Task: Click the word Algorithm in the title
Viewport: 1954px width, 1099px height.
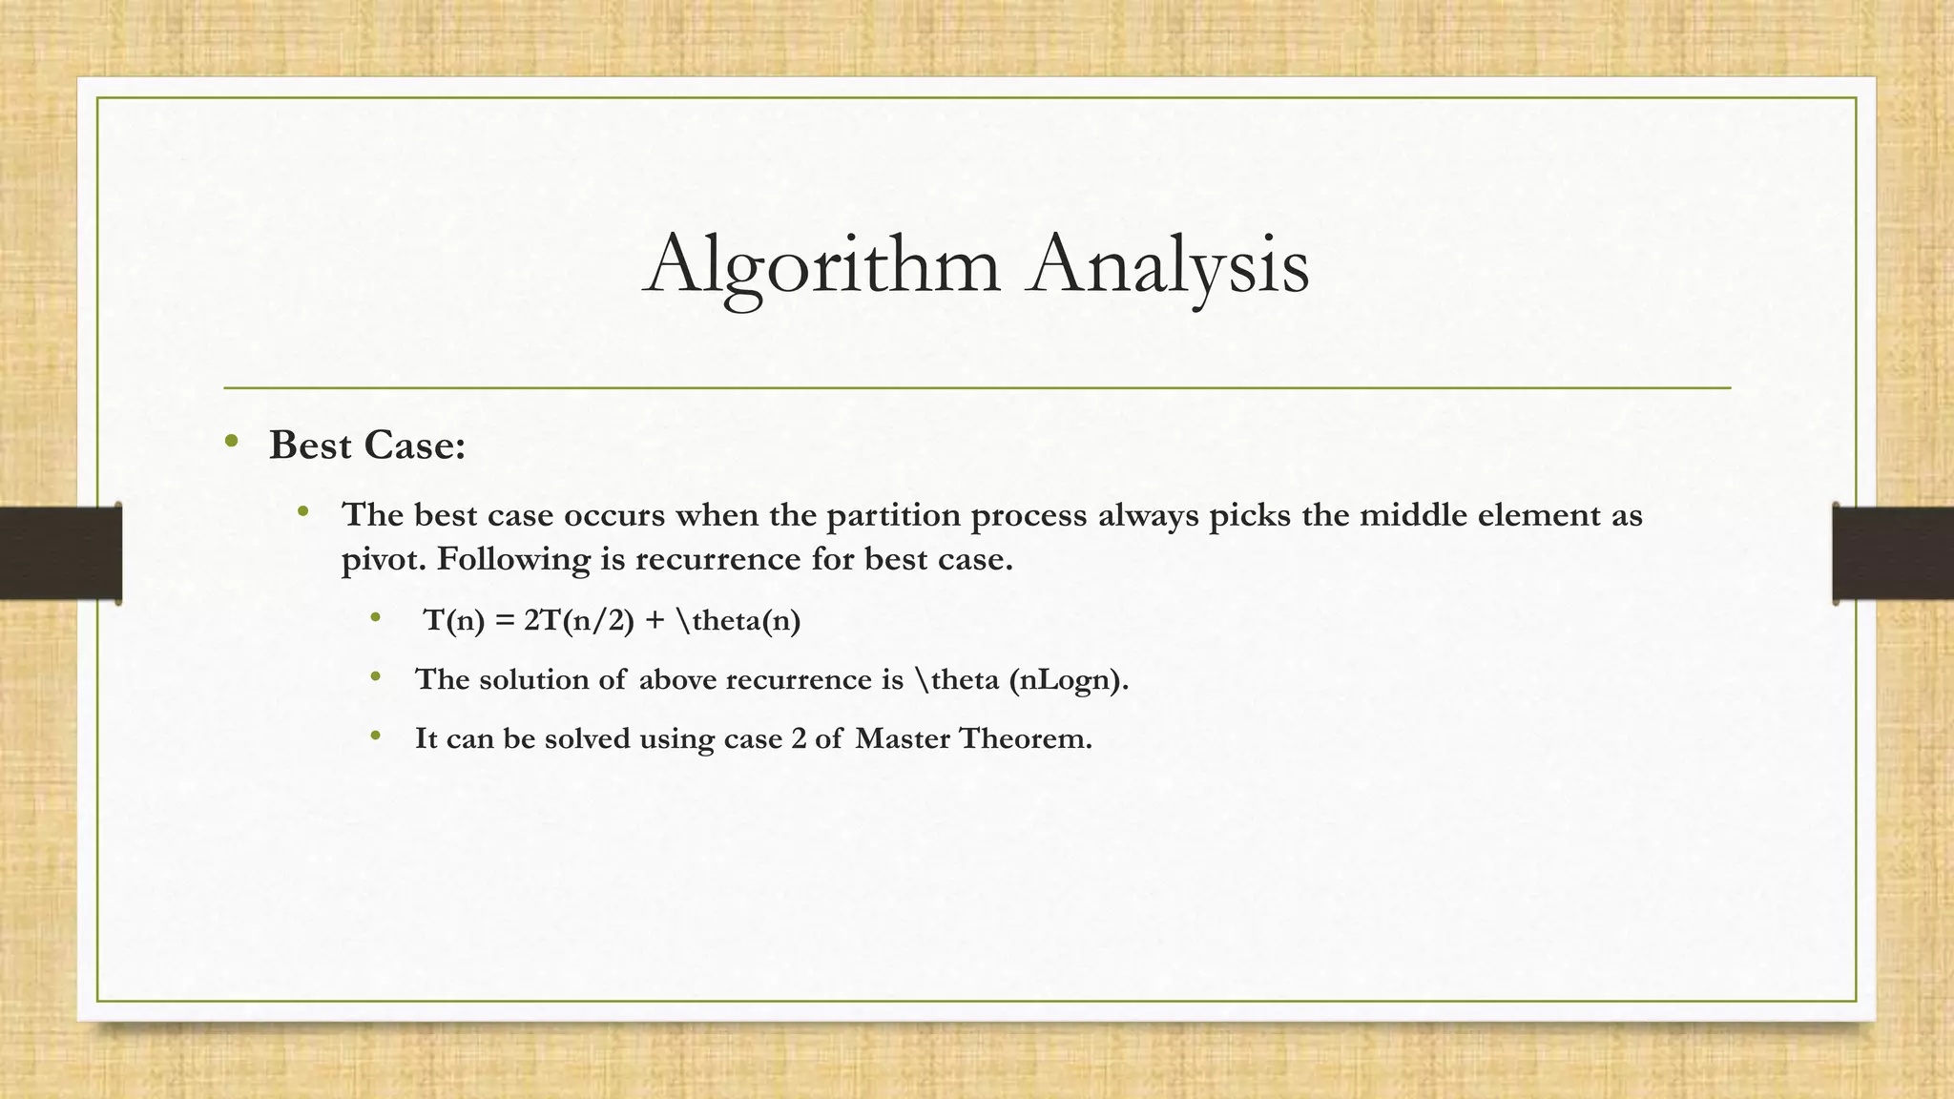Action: [x=822, y=265]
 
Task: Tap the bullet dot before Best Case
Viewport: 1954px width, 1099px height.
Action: [x=231, y=441]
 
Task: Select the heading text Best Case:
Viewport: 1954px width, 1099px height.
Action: [x=367, y=446]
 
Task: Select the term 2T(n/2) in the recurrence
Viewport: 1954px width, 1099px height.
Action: [x=579, y=621]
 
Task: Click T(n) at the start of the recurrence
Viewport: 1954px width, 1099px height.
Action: [x=454, y=621]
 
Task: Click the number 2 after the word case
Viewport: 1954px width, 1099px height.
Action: [x=799, y=738]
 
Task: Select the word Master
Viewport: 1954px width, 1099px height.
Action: [x=903, y=738]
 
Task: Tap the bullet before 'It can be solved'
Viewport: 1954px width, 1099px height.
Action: [x=376, y=736]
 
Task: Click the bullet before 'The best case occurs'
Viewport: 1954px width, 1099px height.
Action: [x=303, y=512]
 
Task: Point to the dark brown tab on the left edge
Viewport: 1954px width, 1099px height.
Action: [x=60, y=553]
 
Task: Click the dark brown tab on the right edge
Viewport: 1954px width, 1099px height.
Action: [x=1893, y=553]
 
